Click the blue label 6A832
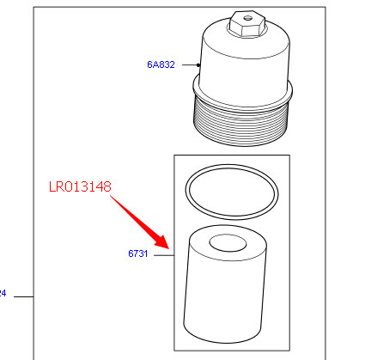click(x=160, y=64)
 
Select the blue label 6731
click(x=139, y=254)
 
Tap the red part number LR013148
click(x=80, y=186)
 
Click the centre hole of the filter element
click(x=229, y=244)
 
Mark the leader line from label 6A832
click(x=188, y=64)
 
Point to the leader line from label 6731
click(x=163, y=254)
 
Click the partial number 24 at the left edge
click(x=3, y=294)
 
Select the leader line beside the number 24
click(x=24, y=296)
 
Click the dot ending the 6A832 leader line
click(x=200, y=64)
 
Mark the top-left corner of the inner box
click(x=174, y=155)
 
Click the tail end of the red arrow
click(x=112, y=197)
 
